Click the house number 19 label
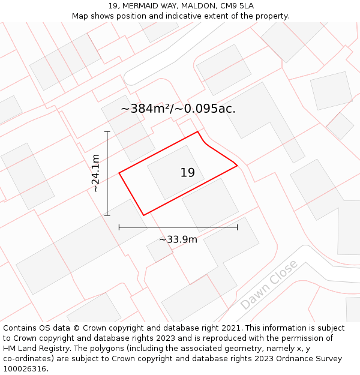tap(187, 173)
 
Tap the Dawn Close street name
tap(269, 285)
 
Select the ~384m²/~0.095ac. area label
tap(178, 109)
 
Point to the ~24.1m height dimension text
tap(95, 173)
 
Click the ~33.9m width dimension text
tap(178, 239)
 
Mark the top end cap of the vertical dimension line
tap(107, 131)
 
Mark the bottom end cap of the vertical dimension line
tap(107, 215)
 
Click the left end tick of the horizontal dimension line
tap(119, 227)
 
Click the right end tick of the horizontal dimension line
tap(237, 227)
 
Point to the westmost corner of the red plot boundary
tap(119, 173)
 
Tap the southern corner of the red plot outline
tap(143, 215)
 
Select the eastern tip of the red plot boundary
tap(238, 165)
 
